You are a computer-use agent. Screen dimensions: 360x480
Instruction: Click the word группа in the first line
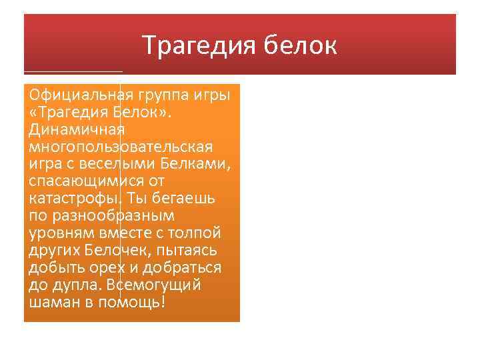pos(163,94)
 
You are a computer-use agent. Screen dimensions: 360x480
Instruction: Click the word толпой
pos(198,233)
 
